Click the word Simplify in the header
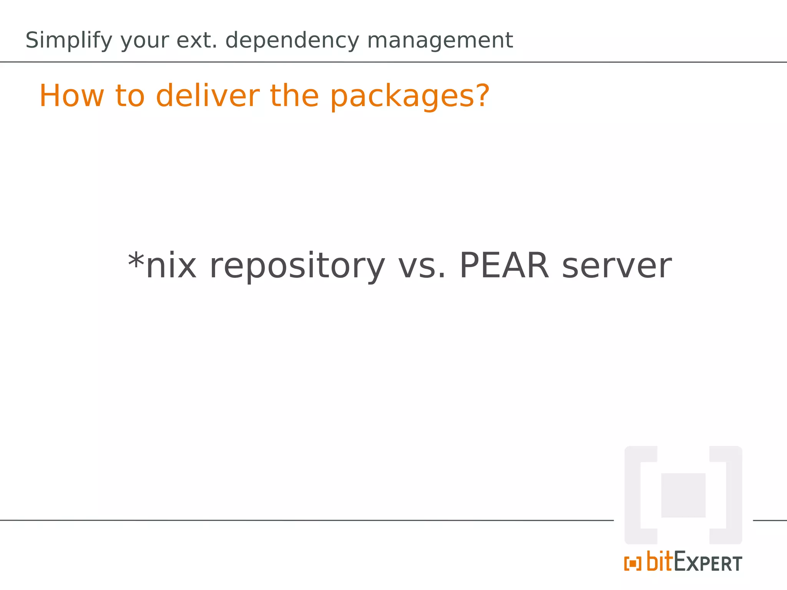click(68, 40)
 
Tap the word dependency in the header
click(292, 40)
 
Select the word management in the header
click(440, 40)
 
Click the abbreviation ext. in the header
click(196, 40)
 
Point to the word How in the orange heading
click(71, 96)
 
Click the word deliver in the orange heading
click(208, 96)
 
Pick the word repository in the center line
click(297, 266)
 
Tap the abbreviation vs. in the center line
click(422, 266)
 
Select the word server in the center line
click(617, 266)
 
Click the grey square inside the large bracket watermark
click(683, 495)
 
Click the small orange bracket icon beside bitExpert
click(633, 563)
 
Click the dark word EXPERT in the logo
click(708, 563)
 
